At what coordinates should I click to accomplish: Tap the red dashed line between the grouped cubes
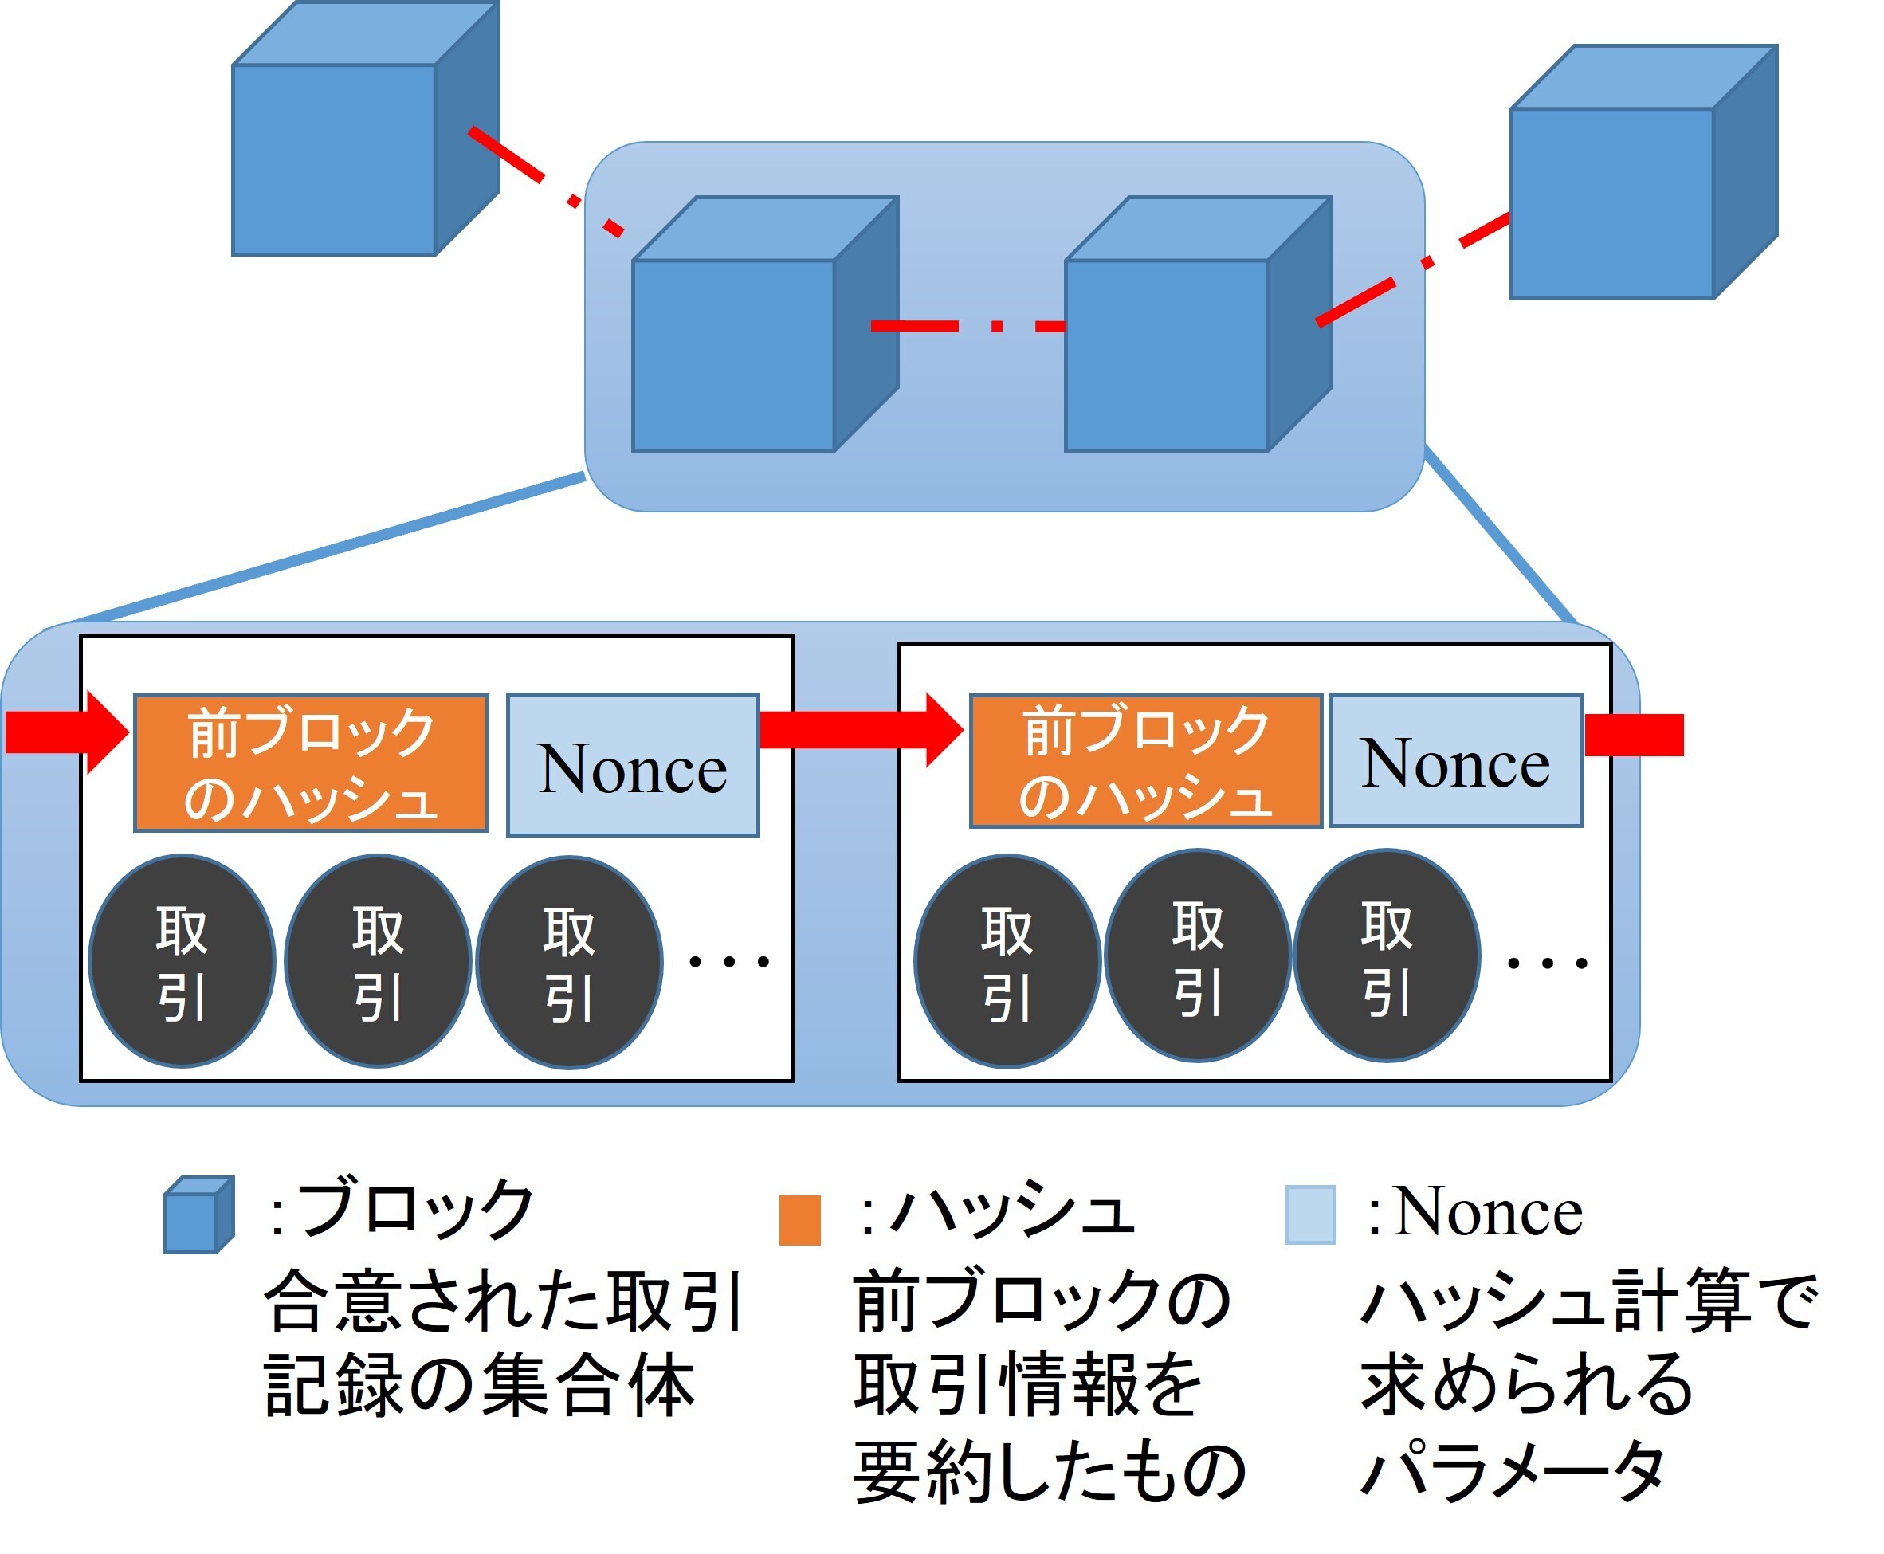pos(967,326)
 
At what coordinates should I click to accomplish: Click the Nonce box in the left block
pos(632,765)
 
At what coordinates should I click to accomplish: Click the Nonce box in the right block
pos(1454,761)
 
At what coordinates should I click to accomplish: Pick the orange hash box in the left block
pos(311,763)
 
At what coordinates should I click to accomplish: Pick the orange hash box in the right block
pos(1144,762)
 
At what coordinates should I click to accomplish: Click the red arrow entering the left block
pos(63,732)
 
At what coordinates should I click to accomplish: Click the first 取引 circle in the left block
pos(182,961)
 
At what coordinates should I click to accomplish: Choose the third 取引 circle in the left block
pos(569,963)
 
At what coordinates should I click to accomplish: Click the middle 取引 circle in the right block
pos(1197,956)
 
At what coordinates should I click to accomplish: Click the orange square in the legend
pos(799,1219)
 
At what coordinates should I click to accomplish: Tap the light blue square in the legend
pos(1309,1215)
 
